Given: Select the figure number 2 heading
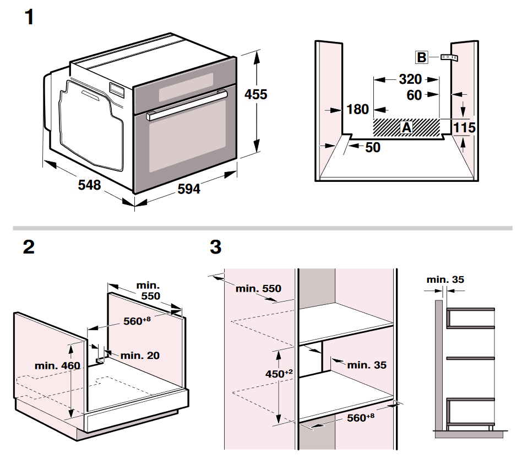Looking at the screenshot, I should point(29,247).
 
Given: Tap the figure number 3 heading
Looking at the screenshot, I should point(216,247).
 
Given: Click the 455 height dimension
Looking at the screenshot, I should point(255,95).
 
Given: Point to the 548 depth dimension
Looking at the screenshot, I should point(89,185).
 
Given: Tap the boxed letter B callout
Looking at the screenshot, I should point(421,57).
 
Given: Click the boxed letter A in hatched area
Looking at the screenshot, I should point(406,127).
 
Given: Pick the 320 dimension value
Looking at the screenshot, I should point(410,79).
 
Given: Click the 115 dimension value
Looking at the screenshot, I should point(464,128).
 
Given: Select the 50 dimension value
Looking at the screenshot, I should point(373,147).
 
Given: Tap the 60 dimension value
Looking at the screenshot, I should point(414,95).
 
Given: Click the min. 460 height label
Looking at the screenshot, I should point(57,365).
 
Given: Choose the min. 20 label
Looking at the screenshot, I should point(140,356).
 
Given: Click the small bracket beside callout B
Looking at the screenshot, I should point(449,57).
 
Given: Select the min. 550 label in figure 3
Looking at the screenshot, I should point(258,289).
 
